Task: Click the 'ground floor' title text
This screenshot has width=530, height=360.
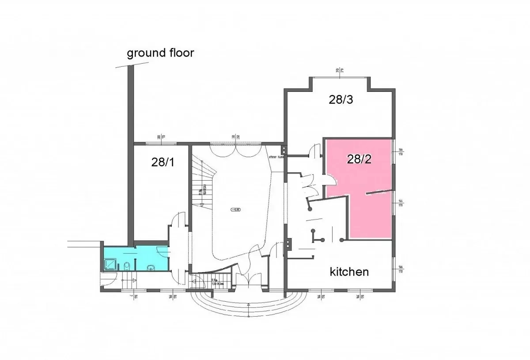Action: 160,53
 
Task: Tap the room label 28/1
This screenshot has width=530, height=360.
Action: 163,162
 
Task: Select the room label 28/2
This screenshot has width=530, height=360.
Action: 359,159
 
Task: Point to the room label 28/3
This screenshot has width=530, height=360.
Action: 341,99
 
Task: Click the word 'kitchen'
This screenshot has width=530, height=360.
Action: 349,271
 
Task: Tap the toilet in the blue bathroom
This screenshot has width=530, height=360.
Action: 127,265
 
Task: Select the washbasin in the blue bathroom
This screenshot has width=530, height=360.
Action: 151,267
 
